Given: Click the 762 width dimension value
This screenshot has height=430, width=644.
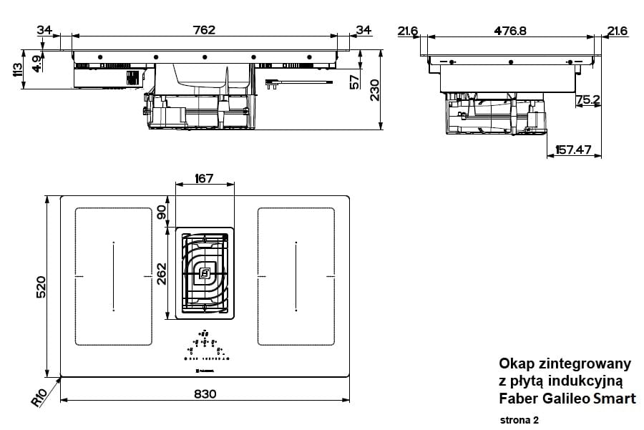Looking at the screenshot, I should [x=204, y=29].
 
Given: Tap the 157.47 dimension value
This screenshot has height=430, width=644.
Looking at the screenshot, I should [x=573, y=150].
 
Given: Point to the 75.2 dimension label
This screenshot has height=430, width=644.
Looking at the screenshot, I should [x=588, y=100].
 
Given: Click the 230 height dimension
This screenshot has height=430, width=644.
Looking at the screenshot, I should [x=375, y=91].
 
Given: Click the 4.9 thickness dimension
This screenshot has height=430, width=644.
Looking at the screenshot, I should [x=36, y=63].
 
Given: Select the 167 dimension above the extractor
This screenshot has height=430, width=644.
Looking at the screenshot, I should [x=204, y=178].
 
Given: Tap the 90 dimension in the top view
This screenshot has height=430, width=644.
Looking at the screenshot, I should [x=162, y=212].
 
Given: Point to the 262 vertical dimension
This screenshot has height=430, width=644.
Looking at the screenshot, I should [x=162, y=272].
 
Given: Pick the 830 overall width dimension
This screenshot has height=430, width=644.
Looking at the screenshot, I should [x=205, y=394].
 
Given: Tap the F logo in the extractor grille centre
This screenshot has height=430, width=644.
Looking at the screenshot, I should [x=205, y=272].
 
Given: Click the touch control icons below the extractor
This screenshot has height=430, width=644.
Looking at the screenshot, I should [x=205, y=346].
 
